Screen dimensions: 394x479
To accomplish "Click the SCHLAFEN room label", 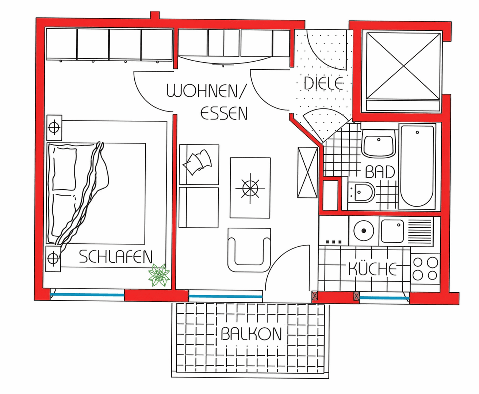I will coord(116,257).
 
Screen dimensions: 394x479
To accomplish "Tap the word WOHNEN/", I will coord(207,91).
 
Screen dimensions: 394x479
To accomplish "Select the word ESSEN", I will coord(224,113).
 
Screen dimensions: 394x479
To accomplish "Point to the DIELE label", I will coord(324,84).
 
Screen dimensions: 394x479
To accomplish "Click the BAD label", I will coord(380,172).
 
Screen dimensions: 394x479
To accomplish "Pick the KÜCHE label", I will coord(372,269).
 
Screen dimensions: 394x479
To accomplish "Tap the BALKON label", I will coord(251,334).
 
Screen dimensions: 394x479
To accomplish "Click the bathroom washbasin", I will coord(379,144).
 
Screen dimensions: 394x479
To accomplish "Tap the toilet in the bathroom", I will coord(361,192).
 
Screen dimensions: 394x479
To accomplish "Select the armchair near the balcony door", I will coord(249,250).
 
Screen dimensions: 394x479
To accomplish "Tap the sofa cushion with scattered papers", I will coord(199,164).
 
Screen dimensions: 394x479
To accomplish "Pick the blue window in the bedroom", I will coord(87,294).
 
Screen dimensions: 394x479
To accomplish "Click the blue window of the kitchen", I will coord(384,298).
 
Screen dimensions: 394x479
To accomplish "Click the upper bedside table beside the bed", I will coord(54,128).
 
